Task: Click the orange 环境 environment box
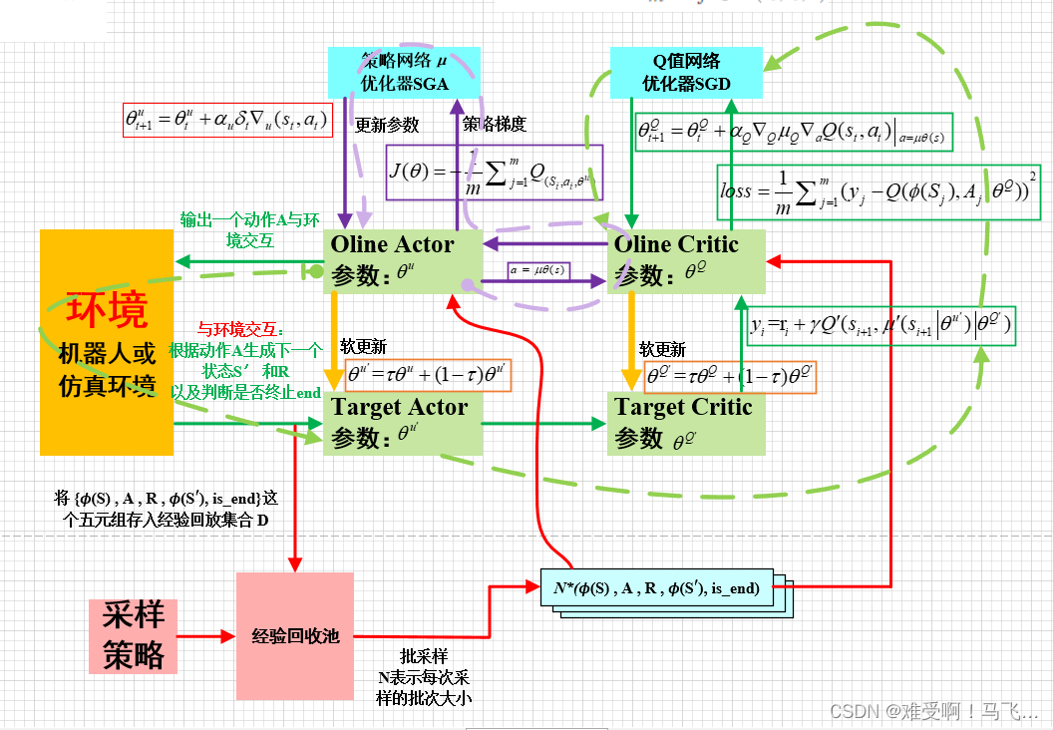tap(106, 342)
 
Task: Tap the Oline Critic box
tap(686, 260)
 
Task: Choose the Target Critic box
tap(686, 422)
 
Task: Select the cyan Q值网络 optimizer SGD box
tap(686, 73)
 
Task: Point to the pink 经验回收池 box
tap(295, 634)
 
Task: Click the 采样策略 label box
tap(133, 635)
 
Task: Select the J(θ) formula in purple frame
tap(496, 172)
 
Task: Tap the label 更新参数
tap(387, 126)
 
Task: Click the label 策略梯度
tap(494, 125)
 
